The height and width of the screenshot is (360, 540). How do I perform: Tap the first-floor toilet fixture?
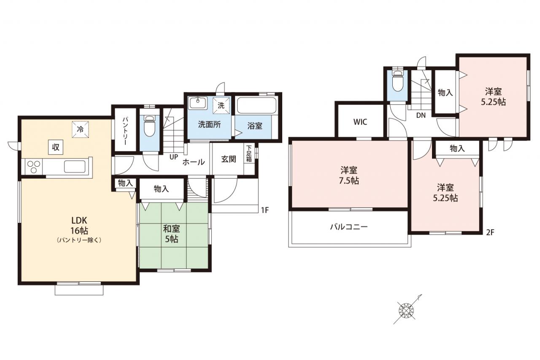coord(149,126)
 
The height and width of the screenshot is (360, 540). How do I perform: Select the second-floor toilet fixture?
coord(397,81)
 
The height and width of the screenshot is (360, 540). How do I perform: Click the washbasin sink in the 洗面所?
coord(198,103)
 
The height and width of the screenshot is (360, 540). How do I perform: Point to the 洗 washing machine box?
coord(221,106)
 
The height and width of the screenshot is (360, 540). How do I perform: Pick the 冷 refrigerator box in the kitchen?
coord(80,130)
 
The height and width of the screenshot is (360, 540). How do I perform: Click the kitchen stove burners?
coord(33,167)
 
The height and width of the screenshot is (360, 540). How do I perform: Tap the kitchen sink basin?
coord(75,167)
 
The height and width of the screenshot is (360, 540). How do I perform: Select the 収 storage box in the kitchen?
coord(56,147)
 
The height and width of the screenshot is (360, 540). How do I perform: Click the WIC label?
coord(360,122)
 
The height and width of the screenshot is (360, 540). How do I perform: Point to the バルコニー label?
coord(349,227)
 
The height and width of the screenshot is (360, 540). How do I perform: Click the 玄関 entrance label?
coord(229,159)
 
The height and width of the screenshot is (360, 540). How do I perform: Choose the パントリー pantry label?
coord(125,131)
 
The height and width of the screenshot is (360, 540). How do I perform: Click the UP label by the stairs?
coord(173,157)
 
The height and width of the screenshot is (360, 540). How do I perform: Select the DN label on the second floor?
coord(421,115)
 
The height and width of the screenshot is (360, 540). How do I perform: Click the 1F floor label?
coord(265,210)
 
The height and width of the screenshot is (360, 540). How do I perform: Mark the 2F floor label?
coord(490,233)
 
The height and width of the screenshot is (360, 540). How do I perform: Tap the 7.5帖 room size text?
coord(349,181)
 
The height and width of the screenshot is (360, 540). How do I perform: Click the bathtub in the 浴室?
coord(256,106)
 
